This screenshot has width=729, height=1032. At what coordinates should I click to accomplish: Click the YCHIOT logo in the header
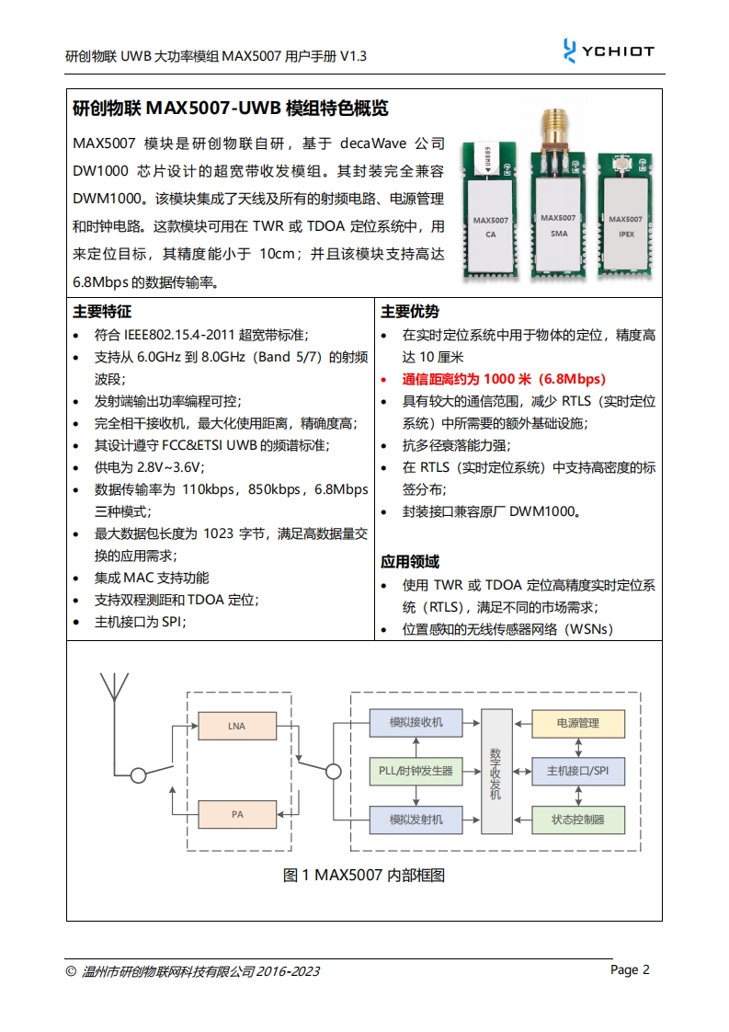609,51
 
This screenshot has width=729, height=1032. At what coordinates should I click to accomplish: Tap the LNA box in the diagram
236,727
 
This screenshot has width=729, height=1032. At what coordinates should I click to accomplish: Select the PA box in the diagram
236,814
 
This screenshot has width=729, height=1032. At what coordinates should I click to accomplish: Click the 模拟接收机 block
416,723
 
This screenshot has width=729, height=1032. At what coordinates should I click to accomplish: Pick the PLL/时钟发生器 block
416,771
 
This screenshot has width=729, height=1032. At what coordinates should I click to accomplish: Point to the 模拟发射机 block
416,819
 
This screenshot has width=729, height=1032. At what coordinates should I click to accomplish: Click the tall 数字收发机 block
496,771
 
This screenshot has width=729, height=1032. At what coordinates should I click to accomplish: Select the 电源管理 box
577,723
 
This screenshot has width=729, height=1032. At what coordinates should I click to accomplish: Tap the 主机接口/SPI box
577,771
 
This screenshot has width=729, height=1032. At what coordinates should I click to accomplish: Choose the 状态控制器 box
577,819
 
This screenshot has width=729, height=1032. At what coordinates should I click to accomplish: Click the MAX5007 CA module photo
490,216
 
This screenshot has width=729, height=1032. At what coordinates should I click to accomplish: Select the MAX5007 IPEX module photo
627,216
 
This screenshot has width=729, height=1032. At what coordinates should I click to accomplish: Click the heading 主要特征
102,311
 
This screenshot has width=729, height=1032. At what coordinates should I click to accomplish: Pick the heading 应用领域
410,561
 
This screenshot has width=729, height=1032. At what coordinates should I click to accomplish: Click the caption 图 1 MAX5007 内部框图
364,875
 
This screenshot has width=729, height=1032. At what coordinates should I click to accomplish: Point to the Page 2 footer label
631,969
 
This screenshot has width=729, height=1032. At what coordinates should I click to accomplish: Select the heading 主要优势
410,311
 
